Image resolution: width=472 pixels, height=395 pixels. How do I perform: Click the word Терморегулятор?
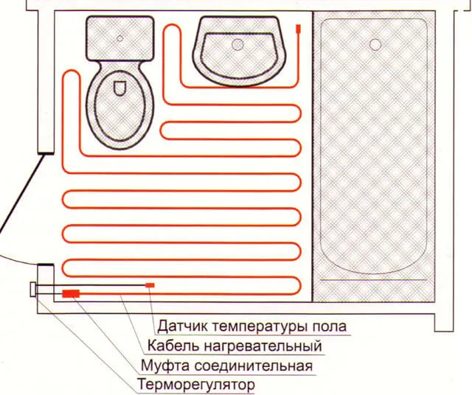(196, 384)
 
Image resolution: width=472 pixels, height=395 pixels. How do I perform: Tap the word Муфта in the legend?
(165, 366)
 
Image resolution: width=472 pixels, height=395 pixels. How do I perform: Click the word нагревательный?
(263, 346)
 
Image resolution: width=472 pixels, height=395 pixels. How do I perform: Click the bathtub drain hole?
(375, 44)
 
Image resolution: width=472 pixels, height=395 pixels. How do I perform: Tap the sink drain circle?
(237, 44)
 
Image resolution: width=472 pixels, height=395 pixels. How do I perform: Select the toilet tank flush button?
(119, 38)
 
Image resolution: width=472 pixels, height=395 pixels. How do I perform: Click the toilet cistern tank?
(120, 38)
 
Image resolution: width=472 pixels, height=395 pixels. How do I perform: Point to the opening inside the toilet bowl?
(119, 88)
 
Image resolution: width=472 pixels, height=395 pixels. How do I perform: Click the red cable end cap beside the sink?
(298, 28)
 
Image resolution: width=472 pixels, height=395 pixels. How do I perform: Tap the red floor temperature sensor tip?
(150, 285)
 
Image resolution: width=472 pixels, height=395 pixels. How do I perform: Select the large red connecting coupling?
(71, 293)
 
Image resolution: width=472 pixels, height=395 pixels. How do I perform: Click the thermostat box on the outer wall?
(32, 290)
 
